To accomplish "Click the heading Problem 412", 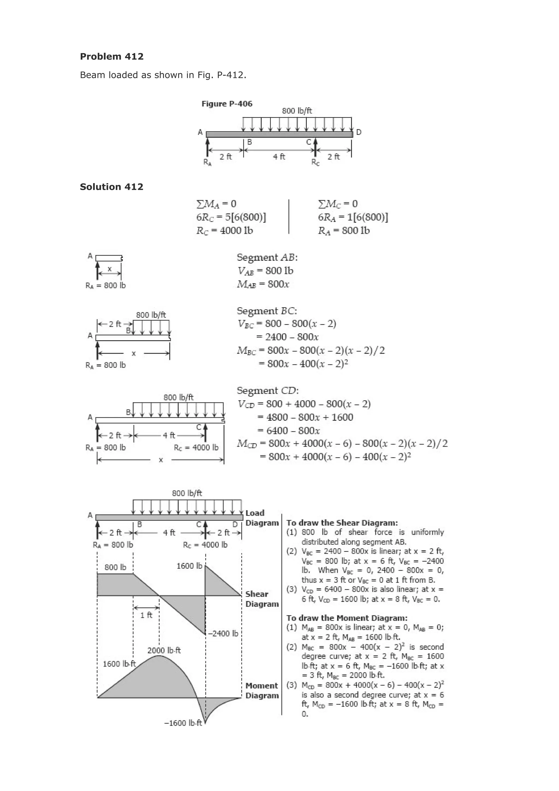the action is point(112,57).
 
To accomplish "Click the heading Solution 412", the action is point(112,187).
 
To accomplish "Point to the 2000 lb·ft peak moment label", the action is point(164,650).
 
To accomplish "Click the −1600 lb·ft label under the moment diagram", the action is point(183,723).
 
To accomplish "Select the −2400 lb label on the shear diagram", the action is point(223,633).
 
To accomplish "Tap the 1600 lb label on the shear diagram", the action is point(189,566).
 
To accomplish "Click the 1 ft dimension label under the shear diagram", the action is point(146,615).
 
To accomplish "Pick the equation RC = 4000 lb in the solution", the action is point(225,230).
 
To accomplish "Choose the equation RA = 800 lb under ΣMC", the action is point(344,230).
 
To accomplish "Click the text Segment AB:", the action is point(267,257).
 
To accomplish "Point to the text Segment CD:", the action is point(267,391).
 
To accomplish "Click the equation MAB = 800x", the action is point(263,284).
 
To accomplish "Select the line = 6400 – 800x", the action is point(293,431).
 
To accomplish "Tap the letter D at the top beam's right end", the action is point(359,132).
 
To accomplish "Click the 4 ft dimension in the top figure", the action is point(279,157).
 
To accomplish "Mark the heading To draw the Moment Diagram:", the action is point(347,618).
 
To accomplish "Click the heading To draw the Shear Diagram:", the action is point(342,523).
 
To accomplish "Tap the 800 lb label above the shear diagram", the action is point(115,567).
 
